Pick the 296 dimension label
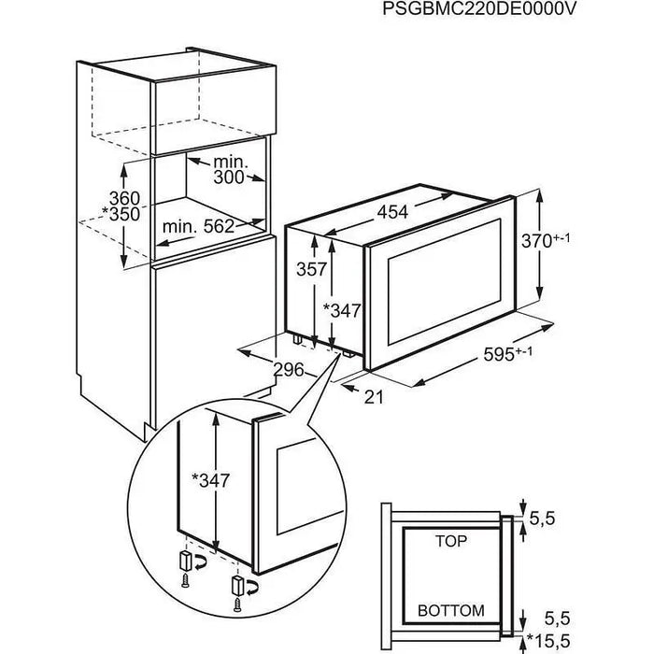(x=289, y=370)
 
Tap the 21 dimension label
(x=374, y=396)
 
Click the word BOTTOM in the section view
(x=450, y=612)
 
